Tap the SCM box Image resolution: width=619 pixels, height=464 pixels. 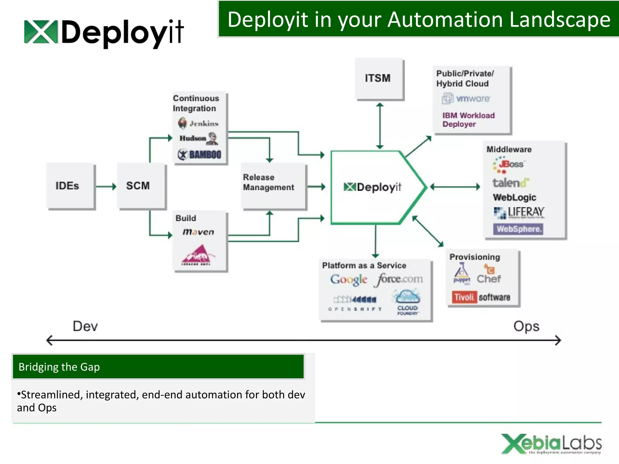click(141, 186)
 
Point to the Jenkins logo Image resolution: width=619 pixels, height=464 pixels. click(198, 123)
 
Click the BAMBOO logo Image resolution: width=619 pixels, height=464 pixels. click(199, 154)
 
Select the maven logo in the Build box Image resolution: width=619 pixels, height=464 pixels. click(198, 232)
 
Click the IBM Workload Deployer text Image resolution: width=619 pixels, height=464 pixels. click(468, 120)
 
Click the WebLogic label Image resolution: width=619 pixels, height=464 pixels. click(514, 197)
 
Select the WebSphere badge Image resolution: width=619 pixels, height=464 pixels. click(518, 229)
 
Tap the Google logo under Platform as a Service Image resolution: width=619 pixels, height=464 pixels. click(348, 279)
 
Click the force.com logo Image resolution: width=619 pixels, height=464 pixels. click(399, 279)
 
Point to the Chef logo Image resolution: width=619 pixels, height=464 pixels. click(489, 275)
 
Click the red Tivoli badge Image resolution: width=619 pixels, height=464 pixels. click(464, 297)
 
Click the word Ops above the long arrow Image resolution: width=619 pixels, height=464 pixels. click(526, 327)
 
